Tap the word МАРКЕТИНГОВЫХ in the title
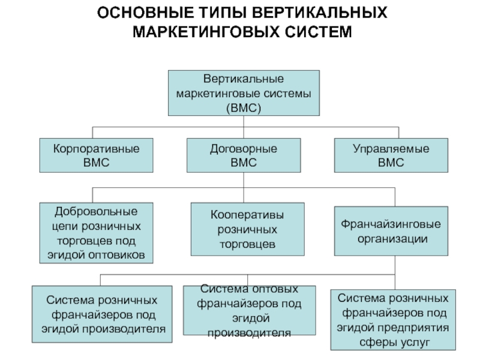pyautogui.click(x=206, y=32)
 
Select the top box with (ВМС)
pyautogui.click(x=244, y=93)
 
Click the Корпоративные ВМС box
pyautogui.click(x=96, y=155)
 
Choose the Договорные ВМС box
pyautogui.click(x=244, y=155)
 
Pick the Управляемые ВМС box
pyautogui.click(x=391, y=155)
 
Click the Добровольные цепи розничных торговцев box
pyautogui.click(x=96, y=233)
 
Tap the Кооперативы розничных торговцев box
pyautogui.click(x=247, y=229)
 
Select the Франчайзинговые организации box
pyautogui.click(x=391, y=231)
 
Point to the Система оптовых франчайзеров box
pyautogui.click(x=249, y=310)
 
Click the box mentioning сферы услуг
pyautogui.click(x=393, y=320)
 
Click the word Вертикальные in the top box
pyautogui.click(x=244, y=79)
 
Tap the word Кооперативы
pyautogui.click(x=247, y=215)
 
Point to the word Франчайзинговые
pyautogui.click(x=391, y=224)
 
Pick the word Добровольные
pyautogui.click(x=96, y=212)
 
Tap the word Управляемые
pyautogui.click(x=391, y=149)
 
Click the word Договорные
pyautogui.click(x=244, y=149)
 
